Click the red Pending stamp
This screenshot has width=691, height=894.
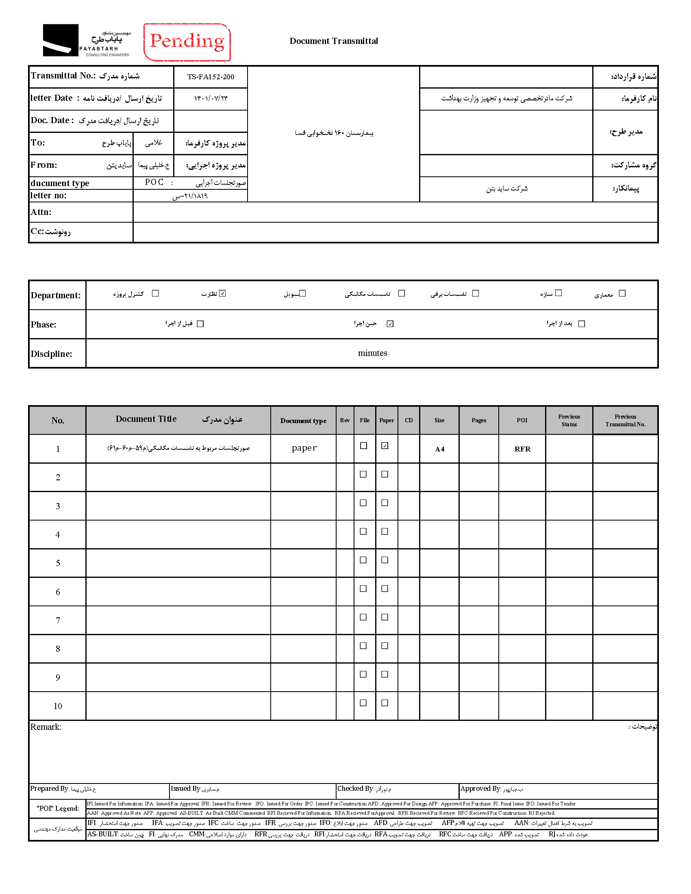point(187,42)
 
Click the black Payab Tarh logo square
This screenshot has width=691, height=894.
point(61,40)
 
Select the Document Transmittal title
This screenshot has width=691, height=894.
point(334,41)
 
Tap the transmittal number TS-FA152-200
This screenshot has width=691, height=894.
point(211,77)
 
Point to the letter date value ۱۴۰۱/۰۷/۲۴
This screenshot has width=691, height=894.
point(211,99)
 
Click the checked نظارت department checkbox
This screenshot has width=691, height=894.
point(222,293)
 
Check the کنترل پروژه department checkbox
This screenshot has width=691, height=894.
point(155,293)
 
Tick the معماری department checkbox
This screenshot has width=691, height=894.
point(622,293)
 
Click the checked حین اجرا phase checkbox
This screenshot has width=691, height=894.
point(390,324)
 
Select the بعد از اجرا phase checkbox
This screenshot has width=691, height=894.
point(581,324)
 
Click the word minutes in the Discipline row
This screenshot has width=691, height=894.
point(372,353)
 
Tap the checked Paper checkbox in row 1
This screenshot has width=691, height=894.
point(385,446)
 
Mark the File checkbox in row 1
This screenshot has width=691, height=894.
point(363,446)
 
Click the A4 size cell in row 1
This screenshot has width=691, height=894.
point(439,449)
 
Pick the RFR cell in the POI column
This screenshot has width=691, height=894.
point(522,449)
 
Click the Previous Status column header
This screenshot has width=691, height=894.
point(569,421)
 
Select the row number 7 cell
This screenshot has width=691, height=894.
point(58,621)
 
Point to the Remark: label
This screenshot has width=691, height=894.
point(46,727)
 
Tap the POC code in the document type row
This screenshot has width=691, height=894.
point(154,182)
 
